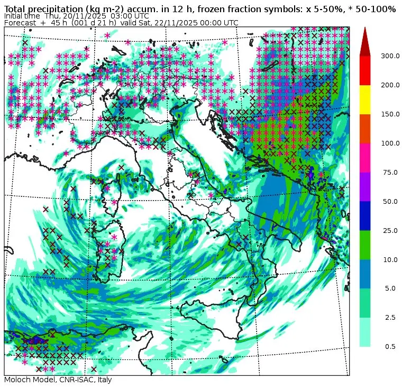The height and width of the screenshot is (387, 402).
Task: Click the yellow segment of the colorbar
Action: click(365, 100)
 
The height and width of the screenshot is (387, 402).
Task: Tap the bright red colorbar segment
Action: click(365, 70)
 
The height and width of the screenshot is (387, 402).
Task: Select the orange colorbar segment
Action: click(365, 129)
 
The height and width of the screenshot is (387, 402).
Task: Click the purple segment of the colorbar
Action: click(365, 187)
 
